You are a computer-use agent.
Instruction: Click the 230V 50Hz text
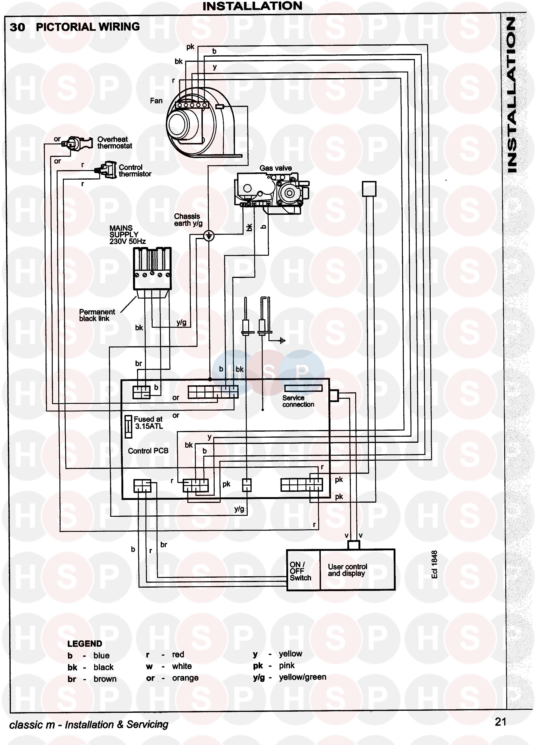coord(127,241)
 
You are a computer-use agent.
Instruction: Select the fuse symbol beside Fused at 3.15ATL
coord(129,427)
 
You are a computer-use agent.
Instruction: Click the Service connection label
coord(298,401)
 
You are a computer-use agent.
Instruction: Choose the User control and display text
coord(347,570)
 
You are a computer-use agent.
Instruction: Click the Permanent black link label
coord(97,315)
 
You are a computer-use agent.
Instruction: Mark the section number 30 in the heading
coord(17,27)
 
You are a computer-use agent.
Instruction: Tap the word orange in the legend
coord(185,678)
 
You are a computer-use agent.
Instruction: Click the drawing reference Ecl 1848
coord(434,564)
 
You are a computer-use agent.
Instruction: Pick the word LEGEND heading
coord(85,643)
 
